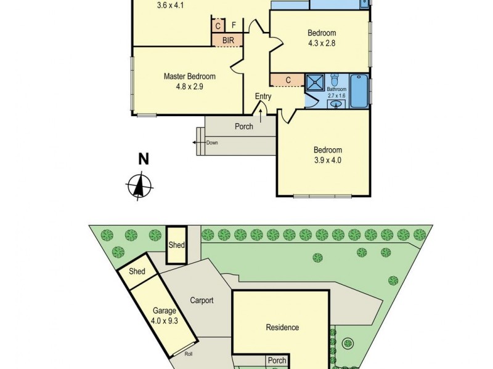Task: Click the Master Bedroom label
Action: (x=189, y=76)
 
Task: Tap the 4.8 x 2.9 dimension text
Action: (x=189, y=87)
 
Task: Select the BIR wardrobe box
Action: (x=227, y=40)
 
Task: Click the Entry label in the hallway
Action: (x=263, y=97)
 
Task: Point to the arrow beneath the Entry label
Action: (x=263, y=109)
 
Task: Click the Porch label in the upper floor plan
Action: (x=244, y=127)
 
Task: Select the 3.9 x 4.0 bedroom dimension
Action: (x=327, y=160)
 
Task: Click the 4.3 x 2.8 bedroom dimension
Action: (x=321, y=44)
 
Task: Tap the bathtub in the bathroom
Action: (x=359, y=90)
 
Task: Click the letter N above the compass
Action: (x=144, y=159)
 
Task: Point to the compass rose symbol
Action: (x=141, y=186)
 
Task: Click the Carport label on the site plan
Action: (x=202, y=301)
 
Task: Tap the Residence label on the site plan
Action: (x=282, y=327)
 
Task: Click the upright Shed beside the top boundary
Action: (x=177, y=245)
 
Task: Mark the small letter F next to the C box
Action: (x=234, y=25)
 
